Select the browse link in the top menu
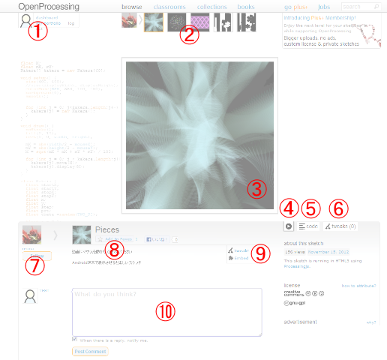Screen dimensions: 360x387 (x=131, y=7)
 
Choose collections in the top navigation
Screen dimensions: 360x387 (x=212, y=7)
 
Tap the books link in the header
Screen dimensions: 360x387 (x=246, y=7)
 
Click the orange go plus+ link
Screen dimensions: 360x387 (x=295, y=7)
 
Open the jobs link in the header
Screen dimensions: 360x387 (x=324, y=7)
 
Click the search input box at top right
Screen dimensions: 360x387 (x=358, y=7)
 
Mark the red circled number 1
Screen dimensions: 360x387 (x=37, y=31)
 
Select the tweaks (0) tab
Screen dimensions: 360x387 (x=340, y=226)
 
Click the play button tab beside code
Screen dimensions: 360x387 (x=288, y=226)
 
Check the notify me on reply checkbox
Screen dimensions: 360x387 (x=75, y=339)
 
